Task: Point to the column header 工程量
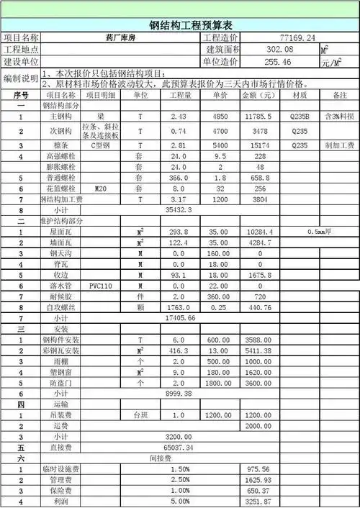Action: click(181, 95)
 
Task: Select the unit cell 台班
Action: click(140, 415)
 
